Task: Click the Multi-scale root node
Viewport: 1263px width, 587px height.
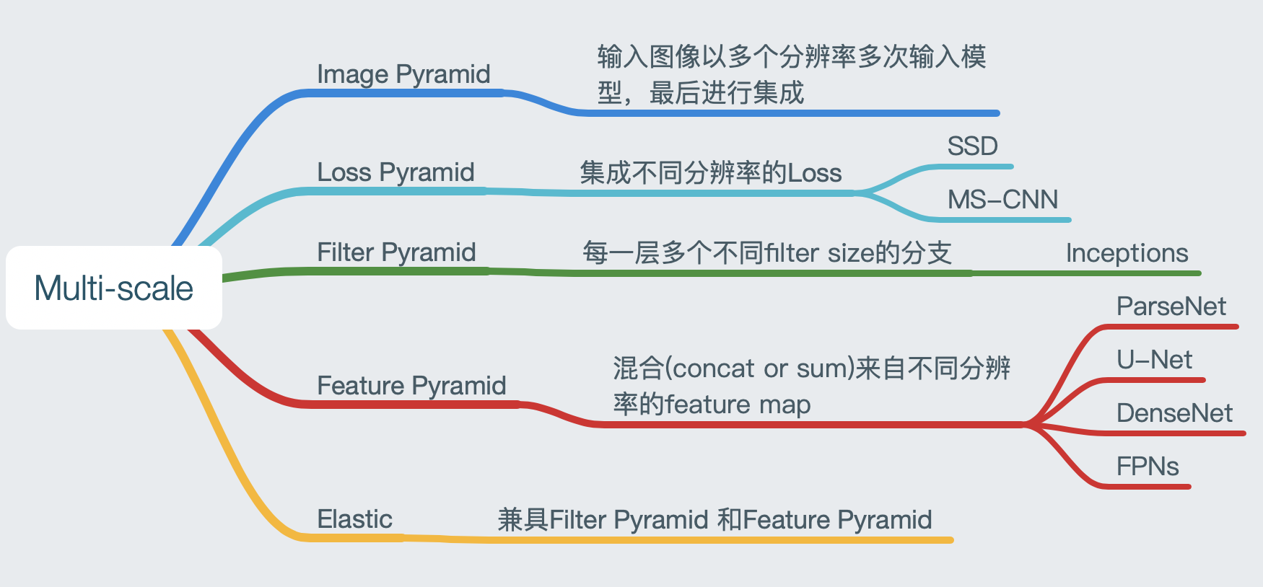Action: pos(114,288)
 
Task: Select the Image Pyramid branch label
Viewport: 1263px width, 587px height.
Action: pos(403,74)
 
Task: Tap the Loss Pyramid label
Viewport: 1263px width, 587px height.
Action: pos(395,172)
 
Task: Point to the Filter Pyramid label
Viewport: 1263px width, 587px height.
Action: pos(396,252)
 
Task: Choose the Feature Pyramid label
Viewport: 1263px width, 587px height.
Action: pos(411,386)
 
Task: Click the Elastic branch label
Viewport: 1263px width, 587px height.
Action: pos(354,519)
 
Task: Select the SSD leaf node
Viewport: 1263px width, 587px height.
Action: pos(972,146)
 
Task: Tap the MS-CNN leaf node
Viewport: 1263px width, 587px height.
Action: pos(1002,200)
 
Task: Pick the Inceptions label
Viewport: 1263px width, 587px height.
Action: pos(1127,253)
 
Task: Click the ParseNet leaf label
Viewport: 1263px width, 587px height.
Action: pos(1171,306)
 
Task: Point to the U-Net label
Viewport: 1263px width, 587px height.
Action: pos(1154,360)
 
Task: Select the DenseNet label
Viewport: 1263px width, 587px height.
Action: pos(1174,413)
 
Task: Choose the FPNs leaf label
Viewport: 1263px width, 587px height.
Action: pos(1147,467)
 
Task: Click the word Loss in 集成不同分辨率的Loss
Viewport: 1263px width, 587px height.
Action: pos(814,173)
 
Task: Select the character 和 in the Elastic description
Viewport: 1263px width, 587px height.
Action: pos(730,519)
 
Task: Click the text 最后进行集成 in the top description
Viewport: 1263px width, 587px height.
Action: pos(726,93)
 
